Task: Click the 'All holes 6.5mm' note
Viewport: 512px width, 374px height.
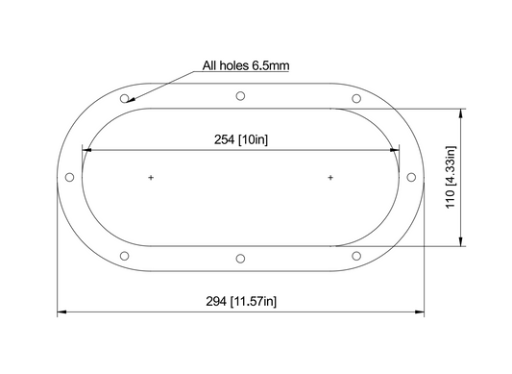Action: [x=246, y=66]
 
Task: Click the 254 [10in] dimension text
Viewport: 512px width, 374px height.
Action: [x=240, y=138]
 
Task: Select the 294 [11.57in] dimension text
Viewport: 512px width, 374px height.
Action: [x=241, y=301]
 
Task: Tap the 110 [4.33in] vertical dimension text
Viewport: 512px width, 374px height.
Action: [x=451, y=178]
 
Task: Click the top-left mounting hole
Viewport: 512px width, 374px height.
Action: [x=125, y=98]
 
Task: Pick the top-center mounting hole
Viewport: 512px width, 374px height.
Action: [x=240, y=95]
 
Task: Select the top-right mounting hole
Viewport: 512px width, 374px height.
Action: [x=356, y=98]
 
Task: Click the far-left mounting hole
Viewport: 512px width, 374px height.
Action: [x=68, y=178]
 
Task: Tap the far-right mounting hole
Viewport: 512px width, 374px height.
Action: [x=412, y=178]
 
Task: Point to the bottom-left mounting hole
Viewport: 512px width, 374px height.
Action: [x=125, y=256]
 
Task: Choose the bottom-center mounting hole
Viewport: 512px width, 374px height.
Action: [x=240, y=259]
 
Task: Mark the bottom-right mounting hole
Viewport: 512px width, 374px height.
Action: [x=356, y=256]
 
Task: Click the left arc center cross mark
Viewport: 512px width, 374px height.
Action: [x=151, y=178]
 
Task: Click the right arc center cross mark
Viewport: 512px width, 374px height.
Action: [x=330, y=178]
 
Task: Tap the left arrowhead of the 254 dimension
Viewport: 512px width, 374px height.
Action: [x=85, y=149]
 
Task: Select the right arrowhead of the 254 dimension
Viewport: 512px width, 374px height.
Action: [x=395, y=149]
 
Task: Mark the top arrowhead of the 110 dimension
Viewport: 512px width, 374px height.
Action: [x=462, y=112]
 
